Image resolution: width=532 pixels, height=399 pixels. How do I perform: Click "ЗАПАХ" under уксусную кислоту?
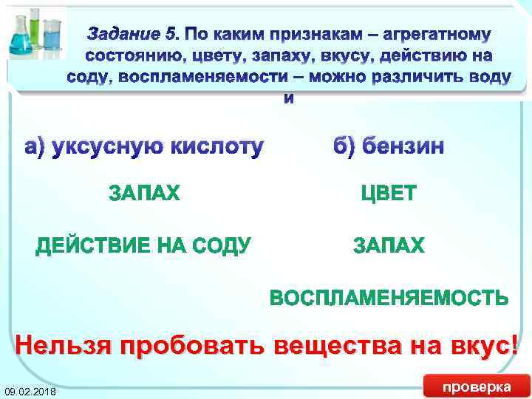144,194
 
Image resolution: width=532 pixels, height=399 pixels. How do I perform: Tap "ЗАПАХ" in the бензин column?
389,245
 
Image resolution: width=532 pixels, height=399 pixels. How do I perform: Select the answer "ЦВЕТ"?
389,194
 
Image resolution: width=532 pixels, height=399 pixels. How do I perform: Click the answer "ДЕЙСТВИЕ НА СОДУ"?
142,245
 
